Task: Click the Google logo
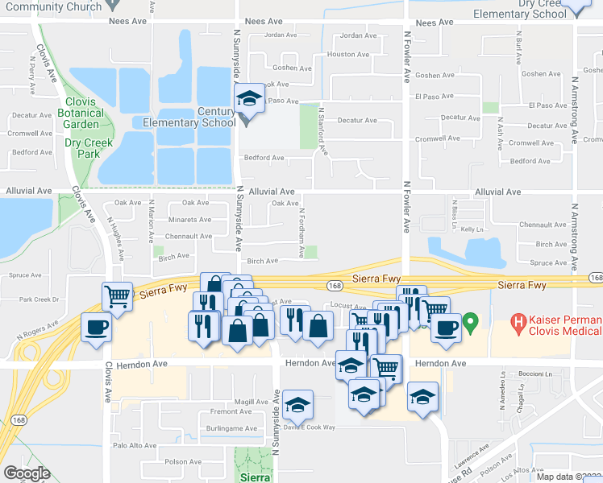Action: coord(27,473)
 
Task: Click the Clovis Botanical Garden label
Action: coord(81,114)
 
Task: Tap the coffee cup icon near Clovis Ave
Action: coord(97,327)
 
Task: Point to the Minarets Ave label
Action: coord(189,220)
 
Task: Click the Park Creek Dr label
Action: coord(40,299)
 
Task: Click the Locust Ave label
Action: coord(343,305)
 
